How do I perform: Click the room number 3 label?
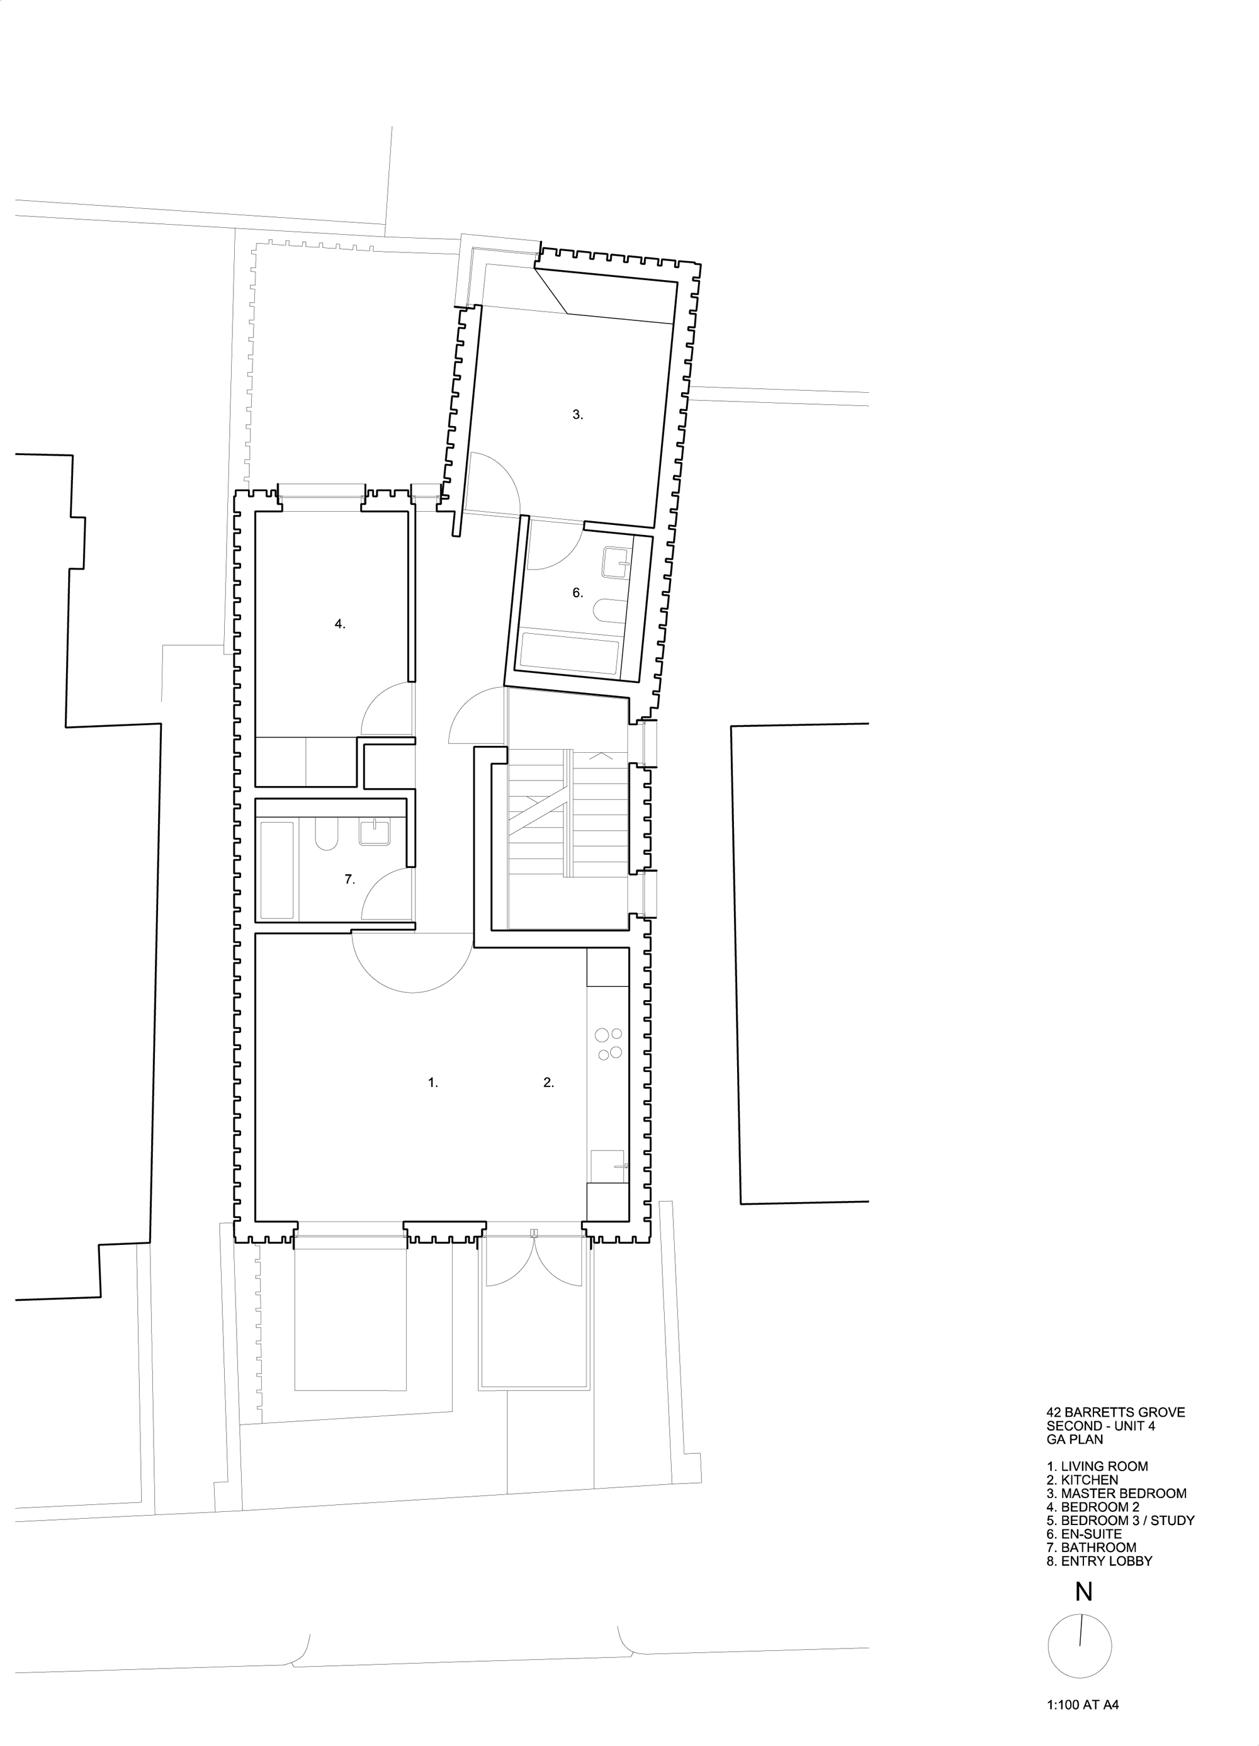(577, 415)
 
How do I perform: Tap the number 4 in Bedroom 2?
(339, 624)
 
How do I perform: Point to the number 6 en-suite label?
(577, 593)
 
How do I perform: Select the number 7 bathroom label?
(349, 879)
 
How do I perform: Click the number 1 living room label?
(432, 1083)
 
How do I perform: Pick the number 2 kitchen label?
(548, 1083)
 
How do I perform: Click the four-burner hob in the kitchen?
(609, 1044)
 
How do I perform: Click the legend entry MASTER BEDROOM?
(1124, 1494)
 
